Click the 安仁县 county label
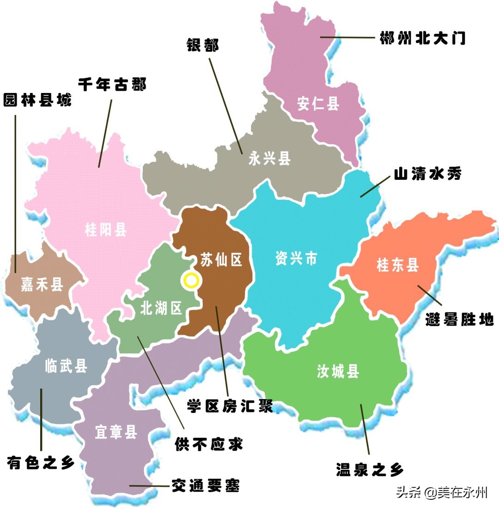click(318, 104)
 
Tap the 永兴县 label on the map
click(269, 159)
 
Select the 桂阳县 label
click(106, 229)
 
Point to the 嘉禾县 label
click(42, 284)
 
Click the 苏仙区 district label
click(221, 260)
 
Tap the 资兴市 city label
click(296, 258)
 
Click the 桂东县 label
click(397, 265)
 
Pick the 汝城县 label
click(338, 371)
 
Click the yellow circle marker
click(191, 281)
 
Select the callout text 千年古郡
click(112, 85)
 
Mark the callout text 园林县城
click(37, 100)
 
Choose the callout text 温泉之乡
click(370, 469)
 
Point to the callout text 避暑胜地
click(459, 319)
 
